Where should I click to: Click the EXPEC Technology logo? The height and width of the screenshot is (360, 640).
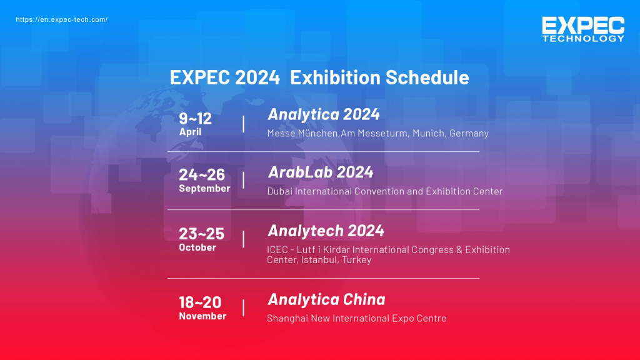(582, 29)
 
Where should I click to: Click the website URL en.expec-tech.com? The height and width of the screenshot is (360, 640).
(61, 19)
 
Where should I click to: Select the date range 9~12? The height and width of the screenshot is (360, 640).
(195, 118)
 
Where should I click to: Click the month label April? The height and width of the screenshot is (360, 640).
(190, 132)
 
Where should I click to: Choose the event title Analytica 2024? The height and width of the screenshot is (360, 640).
(323, 114)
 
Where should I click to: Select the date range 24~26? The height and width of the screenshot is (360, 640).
(201, 175)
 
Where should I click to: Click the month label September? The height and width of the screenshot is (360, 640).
(204, 189)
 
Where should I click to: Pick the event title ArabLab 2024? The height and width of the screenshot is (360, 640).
(320, 172)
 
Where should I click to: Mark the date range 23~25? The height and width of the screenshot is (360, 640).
(201, 234)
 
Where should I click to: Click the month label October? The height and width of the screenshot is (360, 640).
(197, 247)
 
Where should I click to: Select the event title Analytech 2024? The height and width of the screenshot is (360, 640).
(326, 231)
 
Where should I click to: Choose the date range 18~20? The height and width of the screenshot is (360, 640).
(200, 302)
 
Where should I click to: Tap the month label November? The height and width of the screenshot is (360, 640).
(202, 316)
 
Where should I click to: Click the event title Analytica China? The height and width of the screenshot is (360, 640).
(326, 299)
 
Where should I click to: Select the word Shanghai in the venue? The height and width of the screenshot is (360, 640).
(287, 318)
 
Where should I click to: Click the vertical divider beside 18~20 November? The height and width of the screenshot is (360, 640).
(243, 307)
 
